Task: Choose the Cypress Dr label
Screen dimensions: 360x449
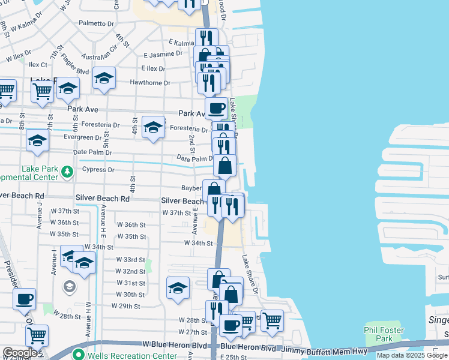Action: point(98,170)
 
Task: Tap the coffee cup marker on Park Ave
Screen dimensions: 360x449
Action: point(216,108)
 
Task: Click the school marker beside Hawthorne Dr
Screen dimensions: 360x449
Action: point(104,79)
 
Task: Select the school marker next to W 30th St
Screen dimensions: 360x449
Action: point(178,289)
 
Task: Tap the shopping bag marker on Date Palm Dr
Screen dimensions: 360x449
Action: point(224,165)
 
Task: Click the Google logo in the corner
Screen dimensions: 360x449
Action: point(20,353)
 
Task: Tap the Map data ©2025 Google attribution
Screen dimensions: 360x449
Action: point(412,355)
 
